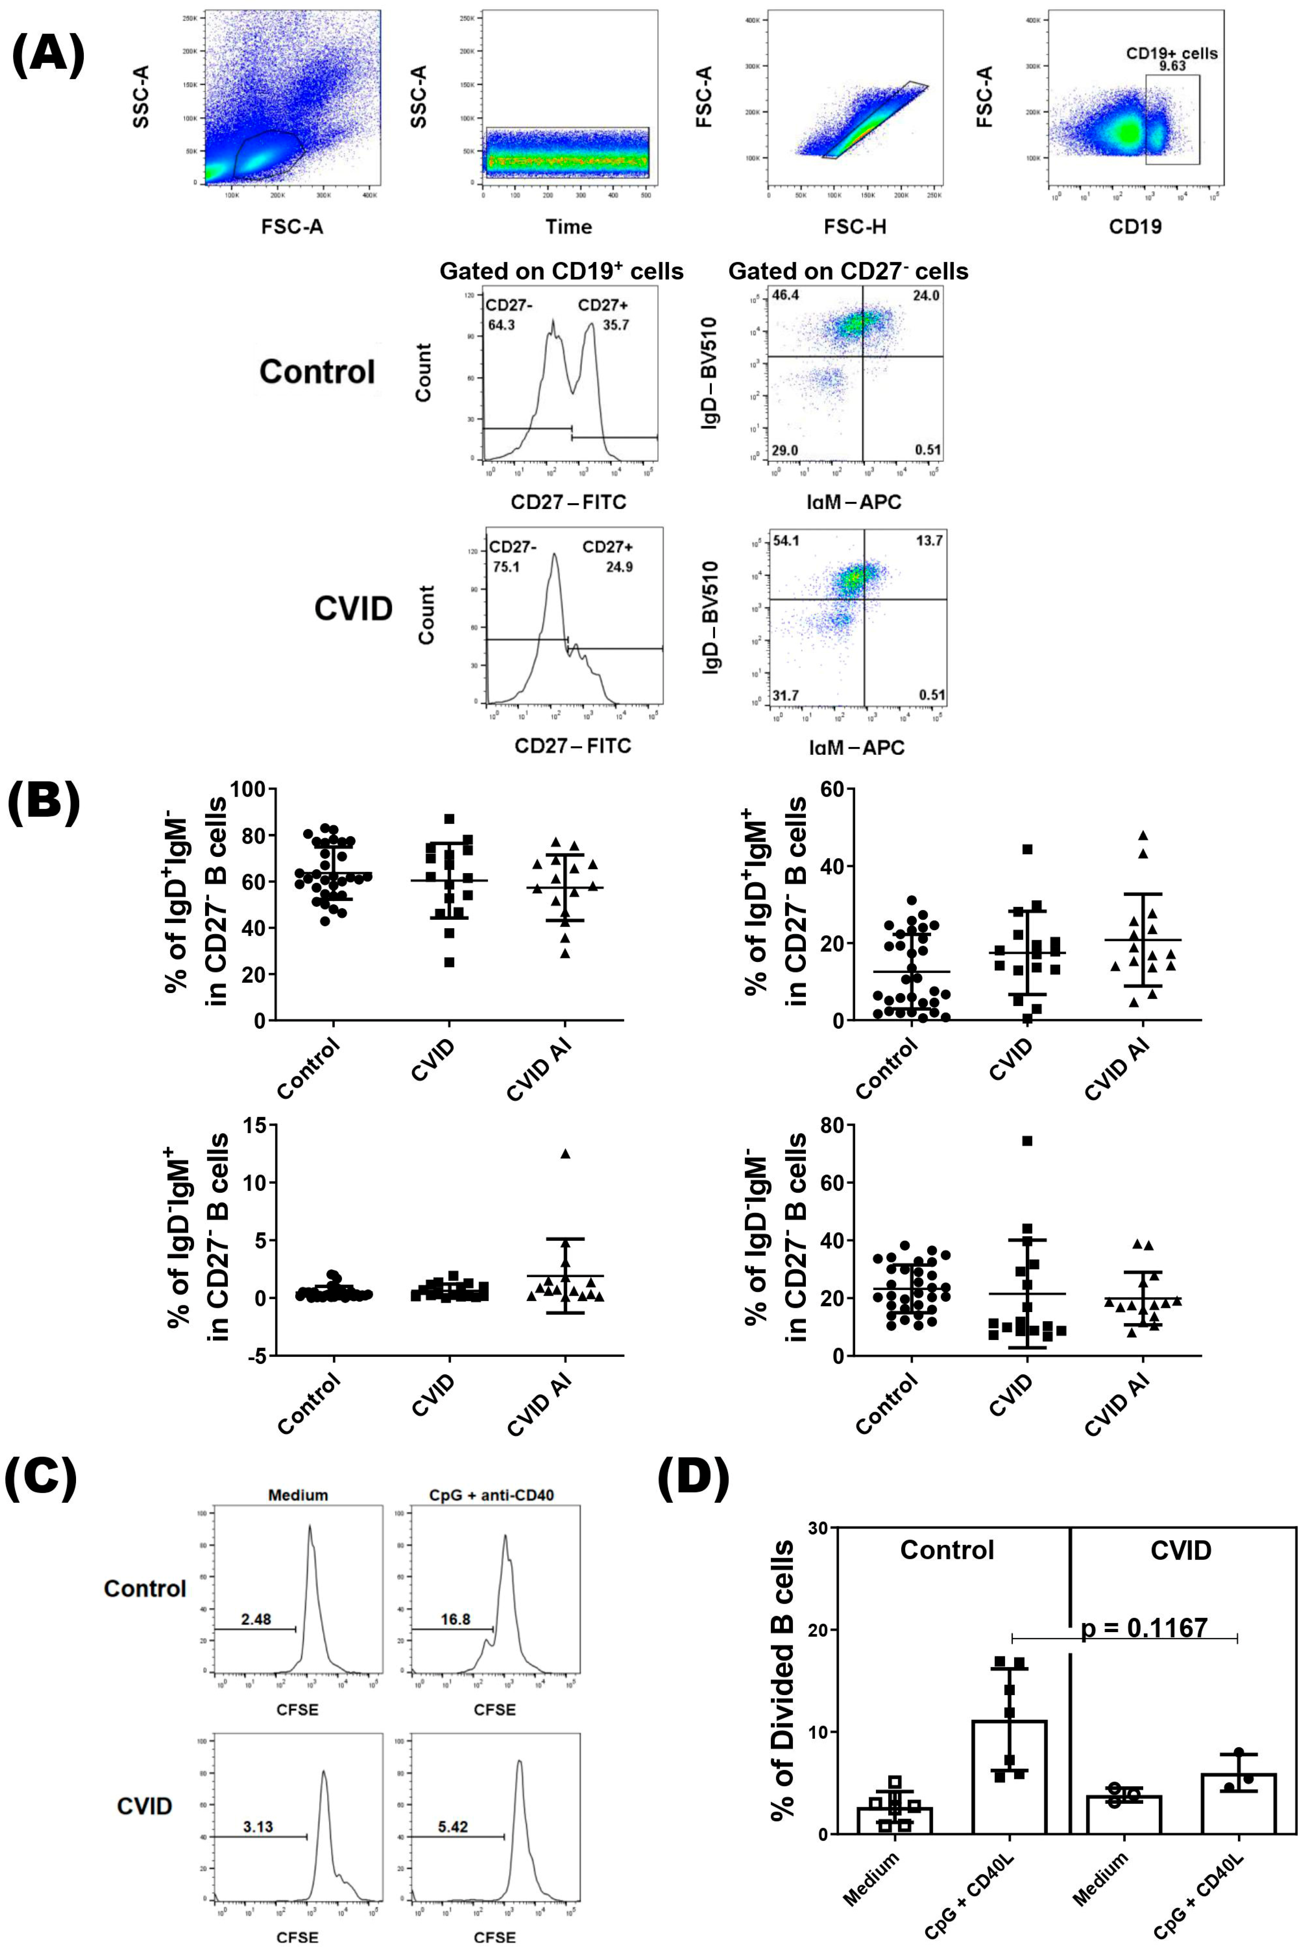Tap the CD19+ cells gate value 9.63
pos(1172,66)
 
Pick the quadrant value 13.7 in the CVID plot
pos(929,541)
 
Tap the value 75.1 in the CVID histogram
pos(506,567)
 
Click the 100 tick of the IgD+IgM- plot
pos(248,789)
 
